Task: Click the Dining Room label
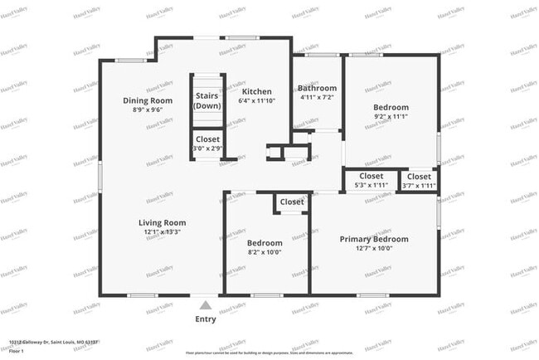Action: [148, 101]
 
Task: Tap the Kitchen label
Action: [256, 91]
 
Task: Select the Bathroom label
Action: [318, 89]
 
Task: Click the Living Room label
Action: [162, 222]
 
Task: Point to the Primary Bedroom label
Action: [374, 239]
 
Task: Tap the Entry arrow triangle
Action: [206, 305]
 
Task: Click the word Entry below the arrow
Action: [206, 319]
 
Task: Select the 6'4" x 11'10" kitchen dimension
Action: [256, 101]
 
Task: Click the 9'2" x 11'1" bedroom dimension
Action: [391, 117]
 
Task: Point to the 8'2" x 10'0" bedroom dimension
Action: [265, 252]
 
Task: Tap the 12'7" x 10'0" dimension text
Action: [374, 248]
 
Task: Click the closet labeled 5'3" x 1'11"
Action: [371, 182]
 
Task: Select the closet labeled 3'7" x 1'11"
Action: [419, 182]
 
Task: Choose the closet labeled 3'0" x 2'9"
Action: [207, 144]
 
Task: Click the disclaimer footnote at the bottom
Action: [269, 353]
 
